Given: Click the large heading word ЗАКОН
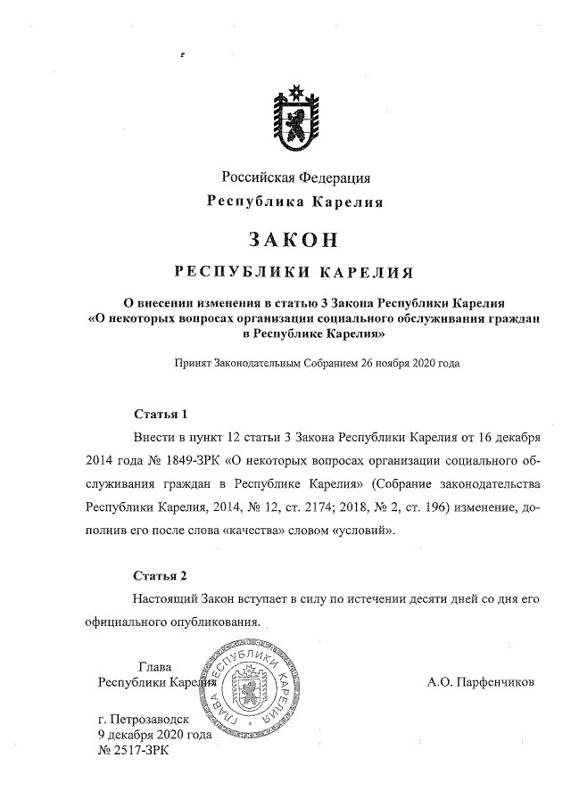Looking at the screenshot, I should click(x=285, y=239).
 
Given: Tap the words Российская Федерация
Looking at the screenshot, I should click(x=285, y=177).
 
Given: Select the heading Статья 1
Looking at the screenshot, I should click(x=161, y=415).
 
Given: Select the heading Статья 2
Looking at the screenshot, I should click(x=161, y=575).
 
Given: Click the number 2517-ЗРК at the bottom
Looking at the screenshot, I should click(x=137, y=751).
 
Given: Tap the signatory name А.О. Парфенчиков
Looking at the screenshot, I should click(x=482, y=683).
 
